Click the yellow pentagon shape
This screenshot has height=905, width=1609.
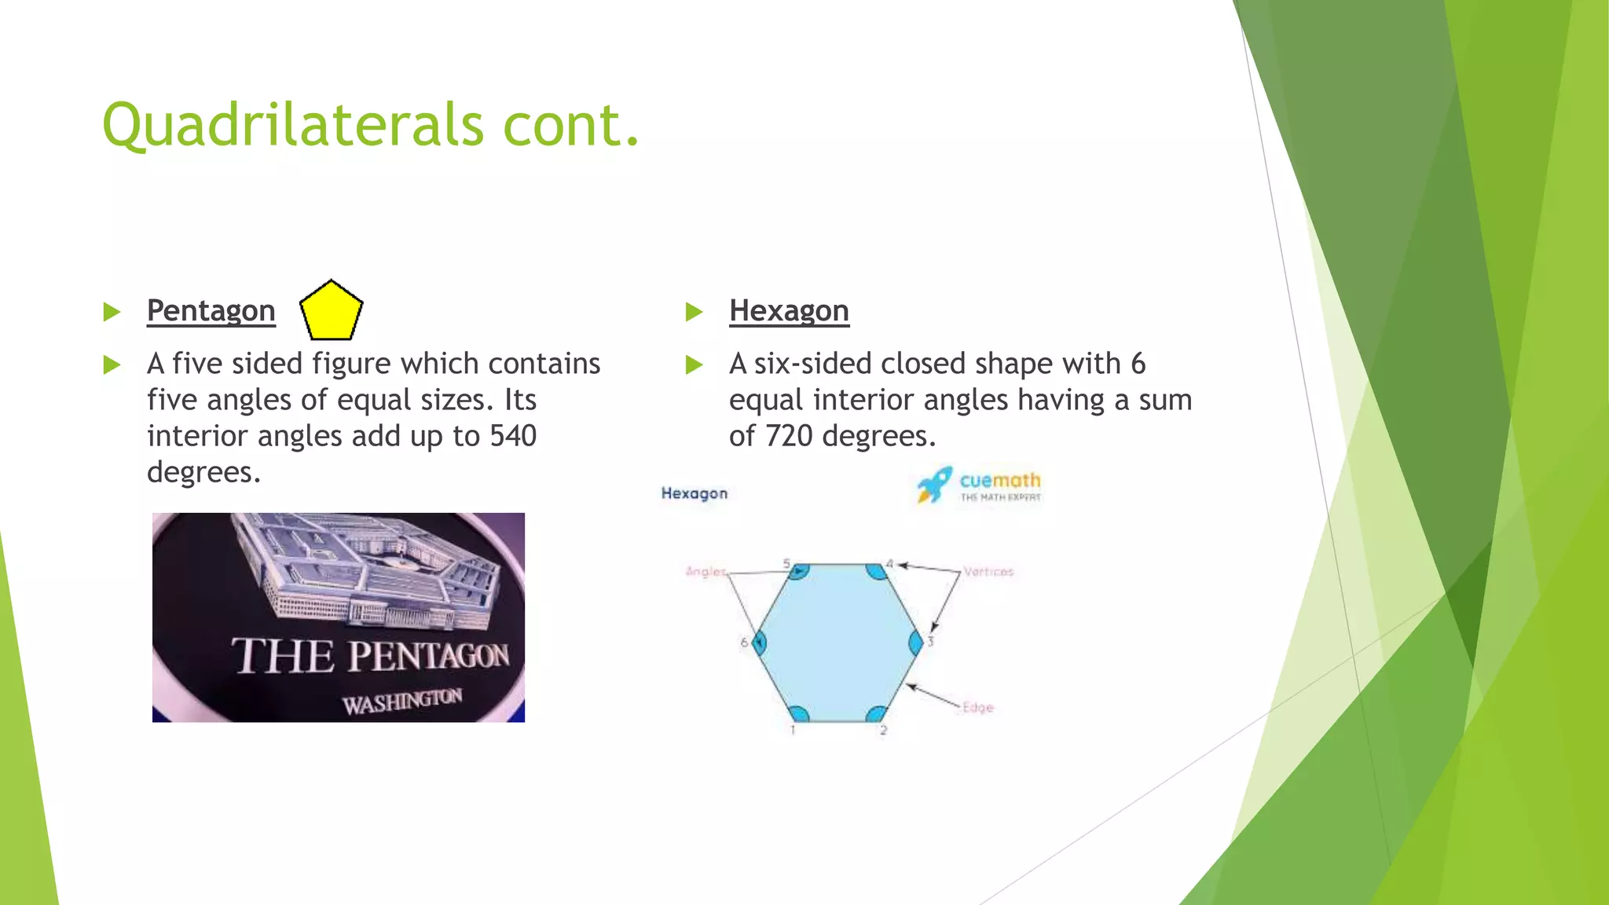click(x=331, y=312)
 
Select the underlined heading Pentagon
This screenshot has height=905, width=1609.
click(x=211, y=311)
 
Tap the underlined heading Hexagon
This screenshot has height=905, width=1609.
click(x=789, y=311)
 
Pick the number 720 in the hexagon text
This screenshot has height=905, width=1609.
click(x=789, y=436)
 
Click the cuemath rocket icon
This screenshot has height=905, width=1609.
click(x=934, y=485)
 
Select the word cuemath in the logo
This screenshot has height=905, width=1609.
click(x=999, y=479)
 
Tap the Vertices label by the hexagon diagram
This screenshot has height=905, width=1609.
click(x=988, y=572)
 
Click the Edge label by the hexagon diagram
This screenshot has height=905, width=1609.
click(x=978, y=707)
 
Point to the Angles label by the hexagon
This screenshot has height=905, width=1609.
click(x=706, y=571)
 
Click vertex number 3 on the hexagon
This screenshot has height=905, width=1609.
click(x=930, y=642)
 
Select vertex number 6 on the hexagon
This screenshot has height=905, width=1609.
click(x=743, y=642)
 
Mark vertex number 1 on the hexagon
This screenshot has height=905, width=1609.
click(x=793, y=730)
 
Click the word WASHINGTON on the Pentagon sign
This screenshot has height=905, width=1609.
click(x=402, y=701)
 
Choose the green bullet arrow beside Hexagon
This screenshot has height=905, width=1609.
click(x=694, y=312)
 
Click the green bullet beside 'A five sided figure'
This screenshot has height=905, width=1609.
click(x=112, y=365)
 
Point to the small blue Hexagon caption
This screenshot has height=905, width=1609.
click(x=695, y=493)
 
